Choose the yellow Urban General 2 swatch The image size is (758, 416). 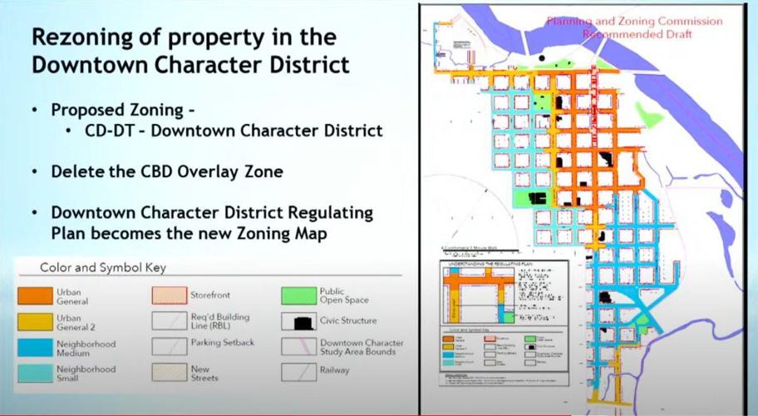tap(36, 320)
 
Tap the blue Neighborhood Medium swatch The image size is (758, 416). tap(36, 347)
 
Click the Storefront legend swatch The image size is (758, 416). tap(169, 294)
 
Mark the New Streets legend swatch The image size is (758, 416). tap(169, 372)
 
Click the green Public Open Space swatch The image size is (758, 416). tap(299, 294)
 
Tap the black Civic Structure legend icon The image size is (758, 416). tap(299, 320)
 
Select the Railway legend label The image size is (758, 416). tap(334, 369)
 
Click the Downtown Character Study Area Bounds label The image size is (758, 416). tap(362, 348)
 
